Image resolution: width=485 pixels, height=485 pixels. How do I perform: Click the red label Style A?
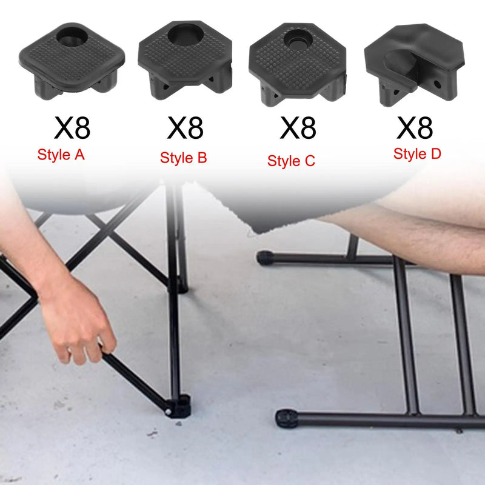tap(61, 154)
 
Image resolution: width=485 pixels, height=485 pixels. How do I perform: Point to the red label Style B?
tap(183, 158)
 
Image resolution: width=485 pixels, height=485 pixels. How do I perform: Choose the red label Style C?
tap(291, 161)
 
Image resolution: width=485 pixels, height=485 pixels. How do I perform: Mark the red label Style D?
tap(417, 154)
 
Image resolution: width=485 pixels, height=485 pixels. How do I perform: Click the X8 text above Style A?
tap(72, 128)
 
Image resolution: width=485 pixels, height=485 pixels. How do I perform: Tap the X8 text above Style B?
tap(185, 128)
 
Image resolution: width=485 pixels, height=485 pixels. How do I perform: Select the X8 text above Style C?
tap(298, 128)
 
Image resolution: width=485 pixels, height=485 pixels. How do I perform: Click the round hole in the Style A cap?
tap(72, 36)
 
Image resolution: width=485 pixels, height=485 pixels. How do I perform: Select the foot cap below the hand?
tap(179, 406)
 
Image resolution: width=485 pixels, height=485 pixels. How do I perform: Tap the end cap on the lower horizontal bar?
tap(286, 418)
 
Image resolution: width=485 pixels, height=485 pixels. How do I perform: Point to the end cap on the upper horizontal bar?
tap(265, 258)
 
